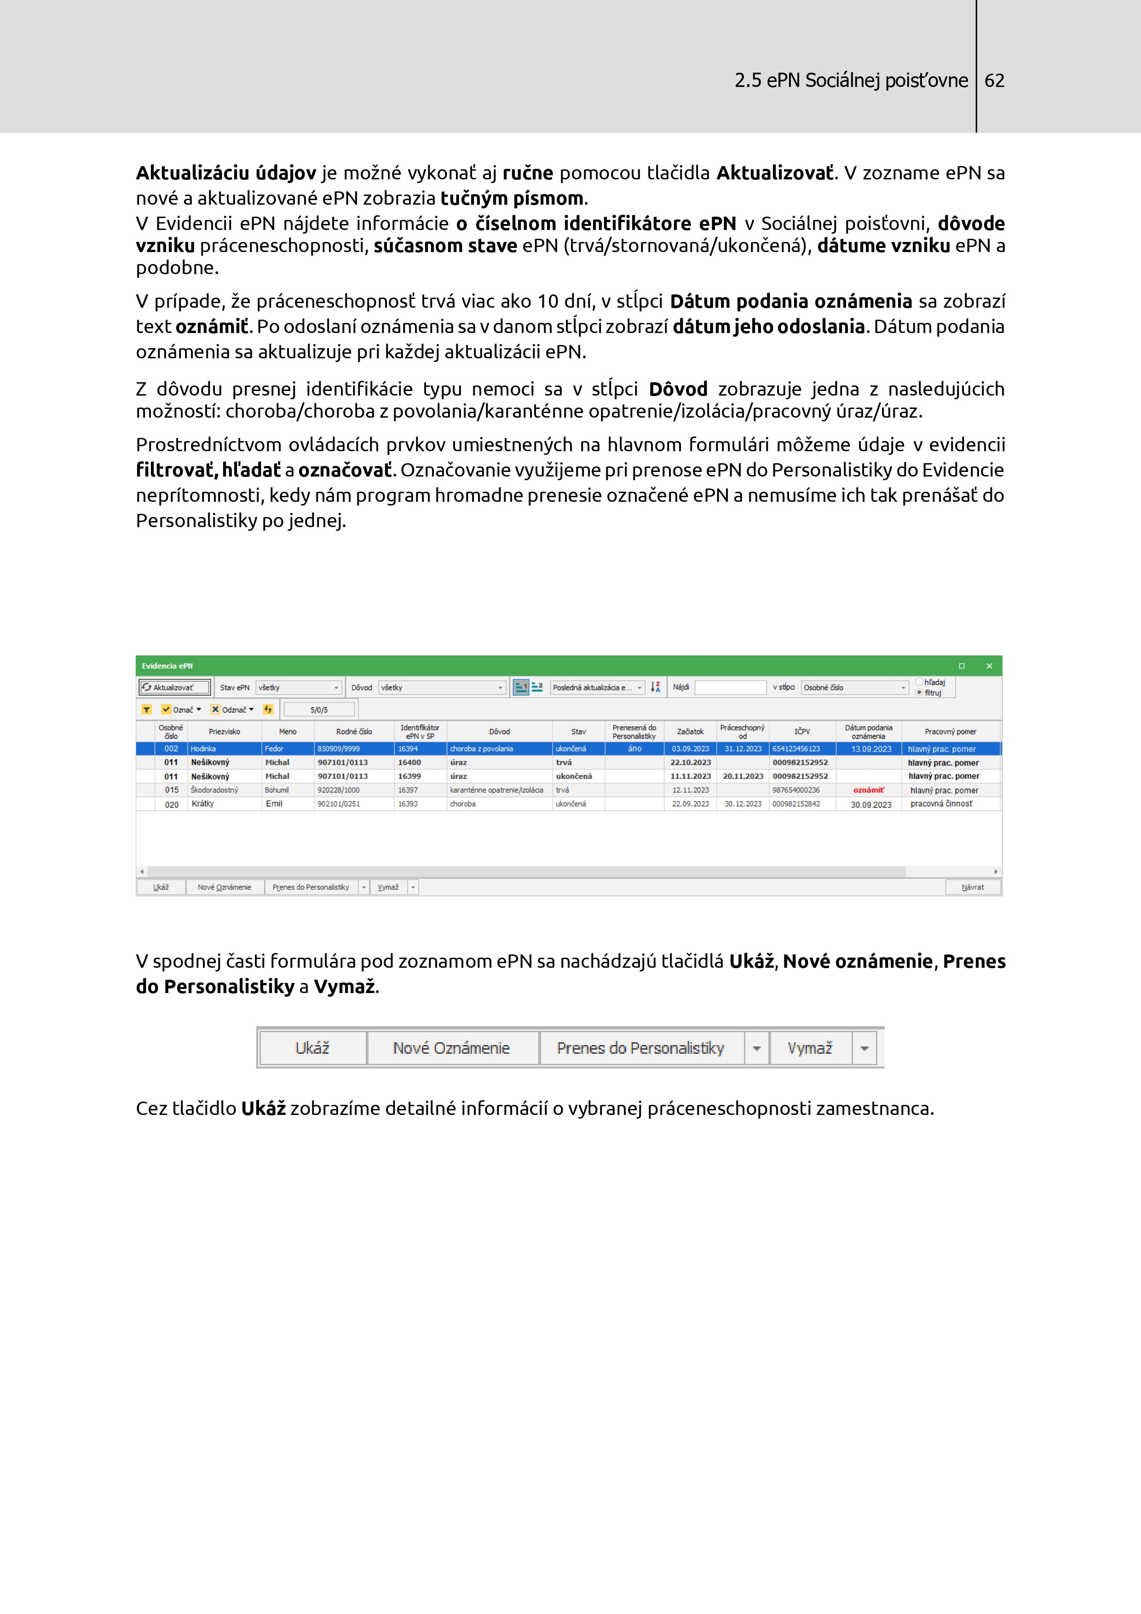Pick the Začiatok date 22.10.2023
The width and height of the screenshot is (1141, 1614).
[x=691, y=763]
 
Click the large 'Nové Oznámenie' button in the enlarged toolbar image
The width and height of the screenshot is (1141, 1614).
[x=451, y=1048]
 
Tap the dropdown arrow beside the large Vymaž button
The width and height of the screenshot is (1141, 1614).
[x=864, y=1048]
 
